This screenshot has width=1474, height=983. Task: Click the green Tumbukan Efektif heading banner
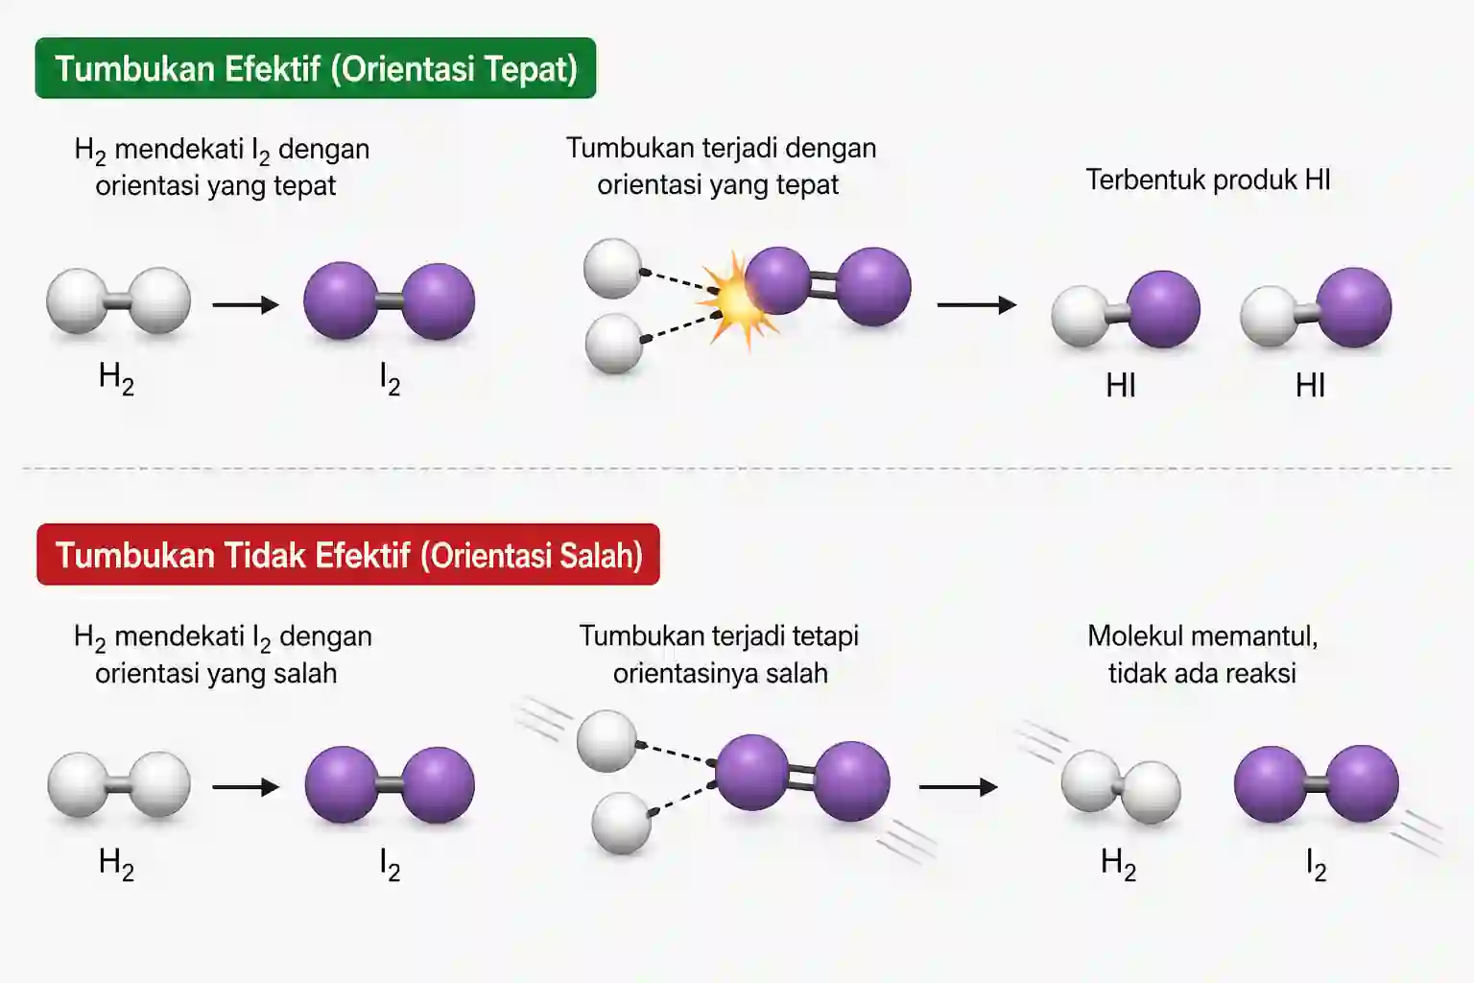coord(315,68)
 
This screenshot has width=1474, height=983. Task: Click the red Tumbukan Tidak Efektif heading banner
coord(348,555)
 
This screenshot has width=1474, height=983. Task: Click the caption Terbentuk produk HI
coord(1208,180)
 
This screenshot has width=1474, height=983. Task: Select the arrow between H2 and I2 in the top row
coord(246,305)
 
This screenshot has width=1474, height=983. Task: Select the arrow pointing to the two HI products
coord(977,305)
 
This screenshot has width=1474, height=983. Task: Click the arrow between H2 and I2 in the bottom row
coord(246,787)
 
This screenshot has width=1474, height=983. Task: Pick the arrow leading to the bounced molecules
coord(958,787)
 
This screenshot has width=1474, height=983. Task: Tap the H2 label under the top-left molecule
coord(116,379)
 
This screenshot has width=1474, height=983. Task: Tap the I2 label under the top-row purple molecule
coord(391,380)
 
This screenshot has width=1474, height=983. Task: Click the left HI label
coord(1121,385)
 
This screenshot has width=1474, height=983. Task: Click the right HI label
coord(1310,385)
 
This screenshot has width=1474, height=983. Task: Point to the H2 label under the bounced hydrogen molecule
coord(1119,865)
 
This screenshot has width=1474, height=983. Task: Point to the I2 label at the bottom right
coord(1316,865)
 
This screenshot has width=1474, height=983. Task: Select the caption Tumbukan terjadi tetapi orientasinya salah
coord(720,655)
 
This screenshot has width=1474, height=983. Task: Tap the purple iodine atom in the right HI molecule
coord(1354,307)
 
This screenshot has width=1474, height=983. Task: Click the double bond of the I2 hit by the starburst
coord(823,285)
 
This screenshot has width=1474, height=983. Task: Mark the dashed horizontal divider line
coord(737,468)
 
